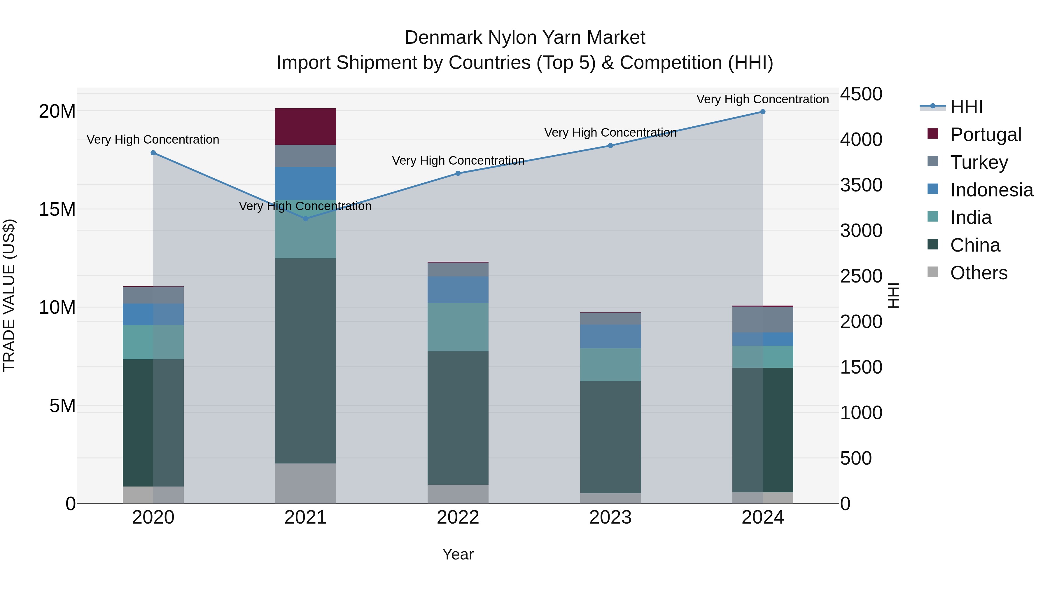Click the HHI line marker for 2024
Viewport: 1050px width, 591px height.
coord(763,112)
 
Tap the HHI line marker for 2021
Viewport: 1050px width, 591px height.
coord(306,219)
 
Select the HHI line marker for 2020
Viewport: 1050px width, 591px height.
coord(153,153)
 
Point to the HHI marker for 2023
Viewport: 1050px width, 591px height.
coord(610,146)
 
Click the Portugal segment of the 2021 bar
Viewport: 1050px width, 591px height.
coord(305,126)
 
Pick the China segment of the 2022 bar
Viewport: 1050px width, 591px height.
coord(458,418)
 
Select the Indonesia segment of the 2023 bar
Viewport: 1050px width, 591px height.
coord(610,337)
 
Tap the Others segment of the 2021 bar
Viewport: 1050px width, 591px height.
coord(305,483)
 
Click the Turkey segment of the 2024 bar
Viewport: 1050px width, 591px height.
coord(763,320)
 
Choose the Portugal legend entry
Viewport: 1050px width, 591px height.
coord(986,134)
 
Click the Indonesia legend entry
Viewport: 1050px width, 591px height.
coord(991,190)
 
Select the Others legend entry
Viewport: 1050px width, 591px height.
coord(978,273)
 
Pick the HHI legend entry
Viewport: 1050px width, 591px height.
coord(966,107)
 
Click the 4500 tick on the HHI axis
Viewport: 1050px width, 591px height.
coord(861,94)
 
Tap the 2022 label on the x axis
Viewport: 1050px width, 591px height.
coord(458,517)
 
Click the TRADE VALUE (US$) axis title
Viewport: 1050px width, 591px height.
coord(9,295)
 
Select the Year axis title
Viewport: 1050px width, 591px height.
coord(458,554)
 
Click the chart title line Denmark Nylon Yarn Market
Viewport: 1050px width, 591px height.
coord(525,38)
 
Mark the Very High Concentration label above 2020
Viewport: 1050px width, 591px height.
coord(153,140)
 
